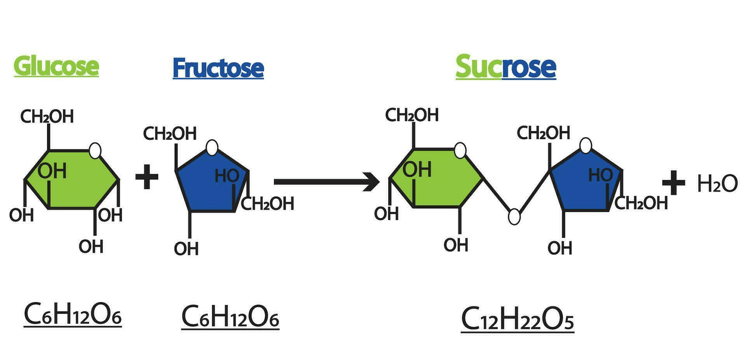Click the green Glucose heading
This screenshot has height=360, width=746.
[x=56, y=66]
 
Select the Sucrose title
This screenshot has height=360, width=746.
[x=505, y=67]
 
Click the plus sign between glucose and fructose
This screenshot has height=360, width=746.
[x=146, y=177]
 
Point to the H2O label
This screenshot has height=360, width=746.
[x=717, y=183]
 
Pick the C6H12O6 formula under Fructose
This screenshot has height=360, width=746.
[x=230, y=316]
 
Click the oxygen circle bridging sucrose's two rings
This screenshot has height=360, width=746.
[x=514, y=217]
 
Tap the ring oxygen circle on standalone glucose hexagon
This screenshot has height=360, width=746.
[x=95, y=150]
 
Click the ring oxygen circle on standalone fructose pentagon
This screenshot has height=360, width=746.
[x=212, y=148]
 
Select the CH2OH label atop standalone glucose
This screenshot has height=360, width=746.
[x=47, y=116]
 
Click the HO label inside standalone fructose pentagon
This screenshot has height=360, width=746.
[x=227, y=176]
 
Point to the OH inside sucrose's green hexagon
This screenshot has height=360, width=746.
[x=417, y=170]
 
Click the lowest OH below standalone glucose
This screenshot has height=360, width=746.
[x=91, y=246]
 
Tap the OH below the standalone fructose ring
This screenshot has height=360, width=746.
[x=186, y=249]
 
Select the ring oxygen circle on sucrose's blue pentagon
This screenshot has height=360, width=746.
[x=586, y=145]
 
